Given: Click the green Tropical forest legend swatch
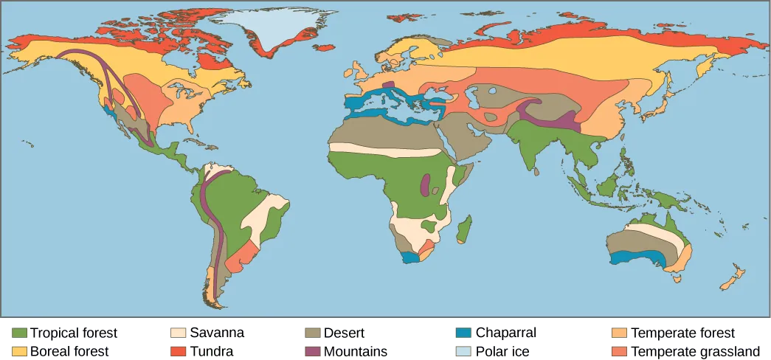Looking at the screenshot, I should coord(20,333).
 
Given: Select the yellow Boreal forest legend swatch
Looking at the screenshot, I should coord(20,351).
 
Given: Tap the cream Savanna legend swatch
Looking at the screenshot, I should coord(178,333).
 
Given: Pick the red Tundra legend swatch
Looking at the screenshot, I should coord(178,351).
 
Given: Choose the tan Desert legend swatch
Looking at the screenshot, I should coord(312,333).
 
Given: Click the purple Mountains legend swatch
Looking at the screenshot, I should coord(312,351).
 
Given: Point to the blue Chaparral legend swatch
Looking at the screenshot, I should coord(463,333).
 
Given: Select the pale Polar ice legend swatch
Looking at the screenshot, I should coord(463,351).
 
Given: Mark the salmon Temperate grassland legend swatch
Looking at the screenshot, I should coord(618,351).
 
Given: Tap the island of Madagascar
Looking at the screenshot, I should coord(465,229).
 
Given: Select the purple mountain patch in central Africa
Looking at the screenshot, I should coord(425,184).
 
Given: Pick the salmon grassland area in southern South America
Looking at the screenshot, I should coord(240,258).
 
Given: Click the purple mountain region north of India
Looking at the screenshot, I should coord(546,114).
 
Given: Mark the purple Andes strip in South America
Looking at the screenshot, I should coord(210,214).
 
